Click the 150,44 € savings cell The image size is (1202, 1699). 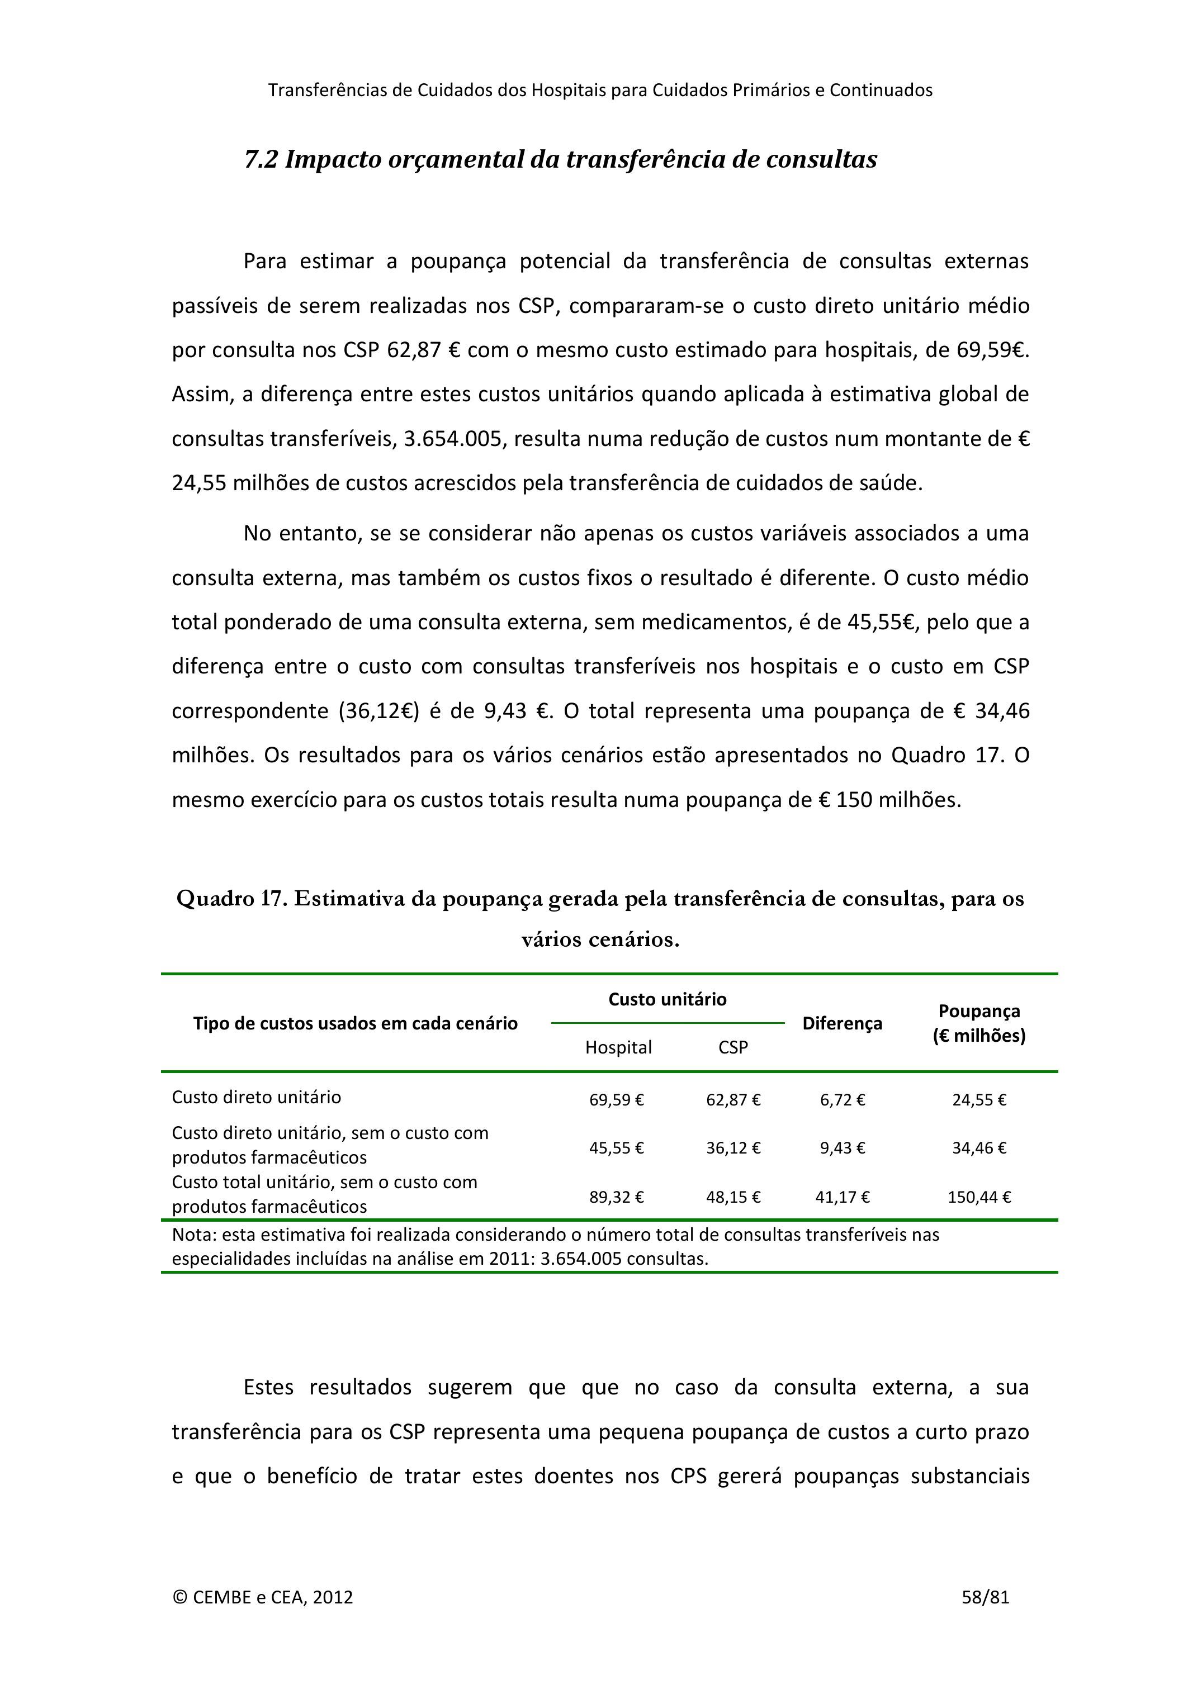[x=978, y=1197]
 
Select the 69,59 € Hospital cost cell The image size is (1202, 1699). [x=617, y=1100]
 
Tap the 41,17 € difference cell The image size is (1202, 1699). [x=843, y=1197]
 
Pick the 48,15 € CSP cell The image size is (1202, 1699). [x=733, y=1197]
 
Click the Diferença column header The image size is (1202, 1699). [x=843, y=1023]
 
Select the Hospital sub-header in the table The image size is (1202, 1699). [x=618, y=1047]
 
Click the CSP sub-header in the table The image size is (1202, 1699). [x=733, y=1047]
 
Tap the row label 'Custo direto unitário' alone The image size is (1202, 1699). [x=256, y=1097]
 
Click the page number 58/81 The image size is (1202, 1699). [x=985, y=1597]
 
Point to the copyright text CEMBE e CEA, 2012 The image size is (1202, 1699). [x=263, y=1597]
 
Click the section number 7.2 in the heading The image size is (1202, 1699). [x=261, y=159]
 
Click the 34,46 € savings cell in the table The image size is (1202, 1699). [x=978, y=1148]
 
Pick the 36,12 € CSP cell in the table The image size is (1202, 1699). [x=733, y=1148]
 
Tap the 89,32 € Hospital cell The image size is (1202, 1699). [x=617, y=1197]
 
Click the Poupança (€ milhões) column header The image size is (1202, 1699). [x=978, y=1023]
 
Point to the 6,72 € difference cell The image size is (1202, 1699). [x=843, y=1100]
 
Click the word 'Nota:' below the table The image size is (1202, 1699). [x=194, y=1235]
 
